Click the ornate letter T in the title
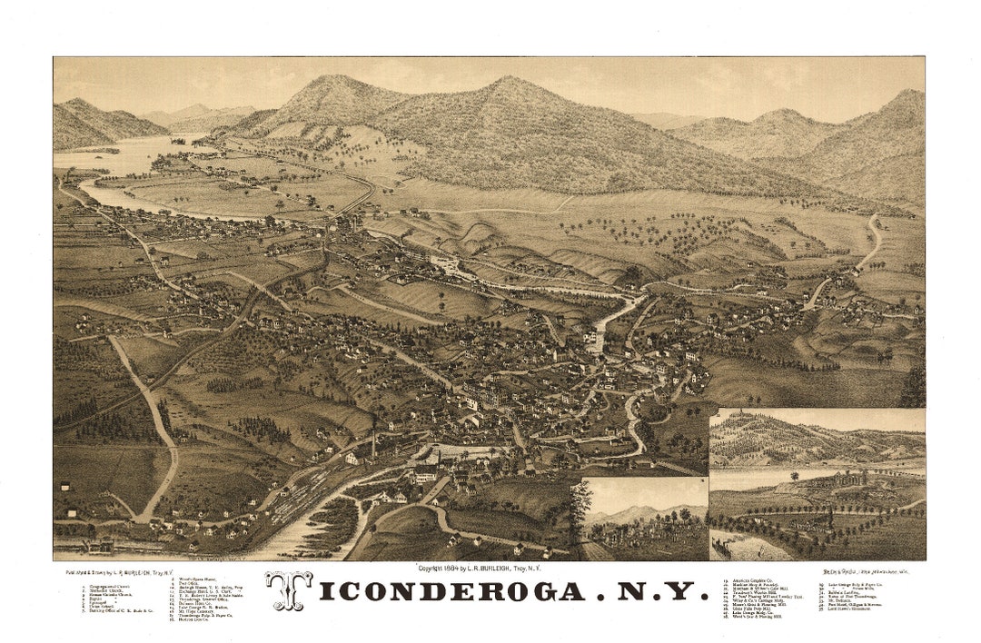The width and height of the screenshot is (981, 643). click(x=289, y=591)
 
